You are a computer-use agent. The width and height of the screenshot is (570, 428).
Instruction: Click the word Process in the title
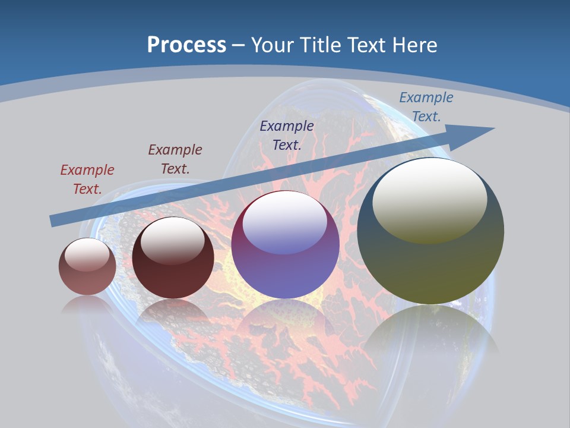186,45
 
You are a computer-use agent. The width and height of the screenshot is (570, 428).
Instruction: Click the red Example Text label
87,180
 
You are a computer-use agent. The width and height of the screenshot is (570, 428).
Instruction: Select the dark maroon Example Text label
175,159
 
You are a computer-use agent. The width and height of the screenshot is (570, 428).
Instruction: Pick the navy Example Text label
287,135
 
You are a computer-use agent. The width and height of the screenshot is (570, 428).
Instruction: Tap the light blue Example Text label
426,107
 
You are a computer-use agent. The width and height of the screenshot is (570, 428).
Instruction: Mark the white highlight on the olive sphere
430,199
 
